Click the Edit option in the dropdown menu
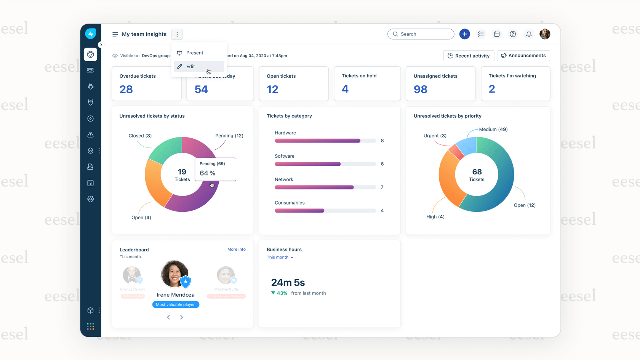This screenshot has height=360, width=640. pos(191,66)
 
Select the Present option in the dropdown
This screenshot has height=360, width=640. pos(195,53)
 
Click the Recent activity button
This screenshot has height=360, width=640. pos(469,56)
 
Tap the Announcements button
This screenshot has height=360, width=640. pos(523,56)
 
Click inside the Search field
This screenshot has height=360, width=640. pos(423,34)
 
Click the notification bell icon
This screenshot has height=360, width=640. pos(529,34)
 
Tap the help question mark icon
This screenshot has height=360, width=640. pos(513,34)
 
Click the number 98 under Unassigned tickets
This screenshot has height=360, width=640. pos(421,89)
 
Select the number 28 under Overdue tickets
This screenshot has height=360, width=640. pos(126,89)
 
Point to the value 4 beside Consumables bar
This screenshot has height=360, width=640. pos(382,211)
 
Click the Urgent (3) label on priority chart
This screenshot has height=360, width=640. pos(435,136)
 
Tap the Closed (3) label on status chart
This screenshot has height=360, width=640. pos(140,136)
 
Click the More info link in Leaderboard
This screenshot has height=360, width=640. pos(236,250)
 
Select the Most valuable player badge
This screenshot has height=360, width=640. pos(176,304)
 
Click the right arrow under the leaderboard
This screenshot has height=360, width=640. pos(182,317)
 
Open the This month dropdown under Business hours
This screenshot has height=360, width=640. pos(280,258)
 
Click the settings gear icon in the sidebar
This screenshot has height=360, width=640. pos(91,199)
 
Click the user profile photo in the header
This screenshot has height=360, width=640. pos(545,34)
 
